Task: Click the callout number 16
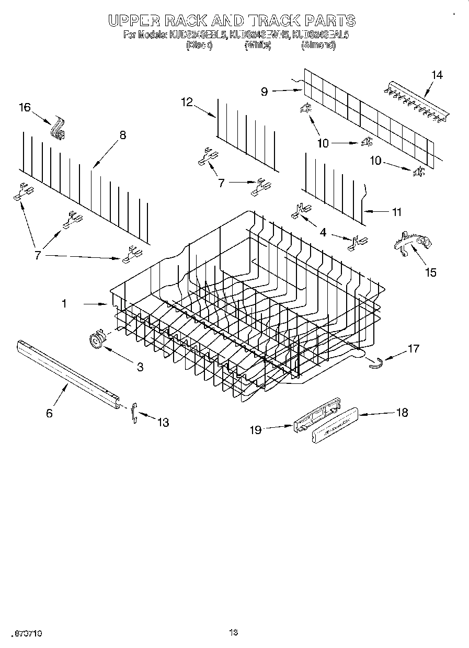tap(25, 108)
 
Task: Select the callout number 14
tap(437, 75)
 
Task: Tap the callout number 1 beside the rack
tap(64, 303)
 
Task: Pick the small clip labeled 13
tap(134, 412)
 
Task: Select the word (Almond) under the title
tap(318, 46)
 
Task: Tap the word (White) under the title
tap(258, 46)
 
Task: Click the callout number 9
tap(265, 92)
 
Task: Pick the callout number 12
tap(187, 102)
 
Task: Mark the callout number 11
tap(397, 212)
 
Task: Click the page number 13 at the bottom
tap(234, 633)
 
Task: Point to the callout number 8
tap(122, 135)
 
